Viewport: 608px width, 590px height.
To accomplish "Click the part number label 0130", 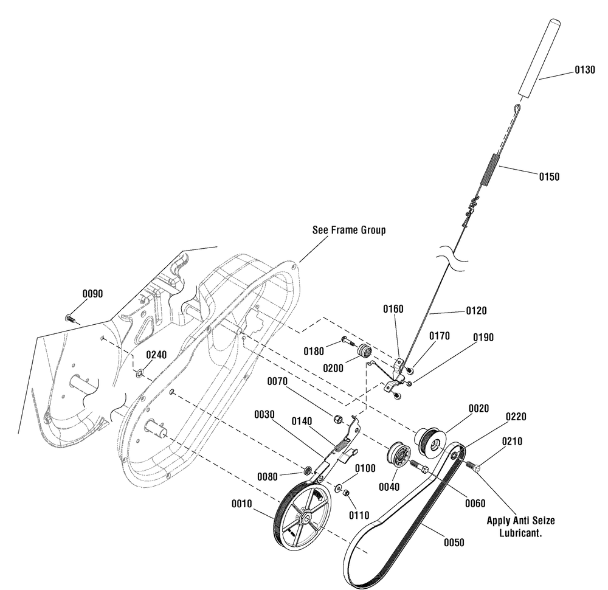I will (585, 71).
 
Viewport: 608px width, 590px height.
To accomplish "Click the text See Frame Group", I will (349, 231).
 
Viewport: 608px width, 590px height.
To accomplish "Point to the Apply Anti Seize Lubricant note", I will (520, 526).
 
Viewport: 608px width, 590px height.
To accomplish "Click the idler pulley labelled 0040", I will (399, 455).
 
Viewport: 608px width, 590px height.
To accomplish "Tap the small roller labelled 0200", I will (365, 351).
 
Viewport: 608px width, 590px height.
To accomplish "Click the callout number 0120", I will (476, 311).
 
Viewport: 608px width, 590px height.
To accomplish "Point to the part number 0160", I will (393, 309).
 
